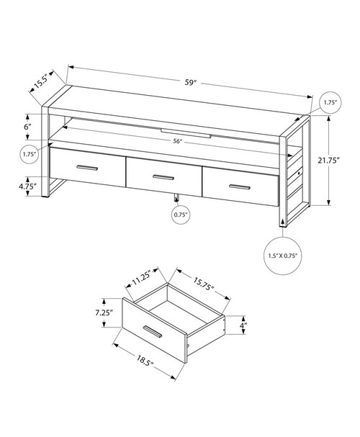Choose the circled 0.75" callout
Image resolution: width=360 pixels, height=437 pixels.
click(179, 214)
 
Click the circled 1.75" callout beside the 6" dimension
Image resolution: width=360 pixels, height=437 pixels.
click(30, 153)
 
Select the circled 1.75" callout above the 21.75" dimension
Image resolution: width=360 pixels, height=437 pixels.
click(328, 102)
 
